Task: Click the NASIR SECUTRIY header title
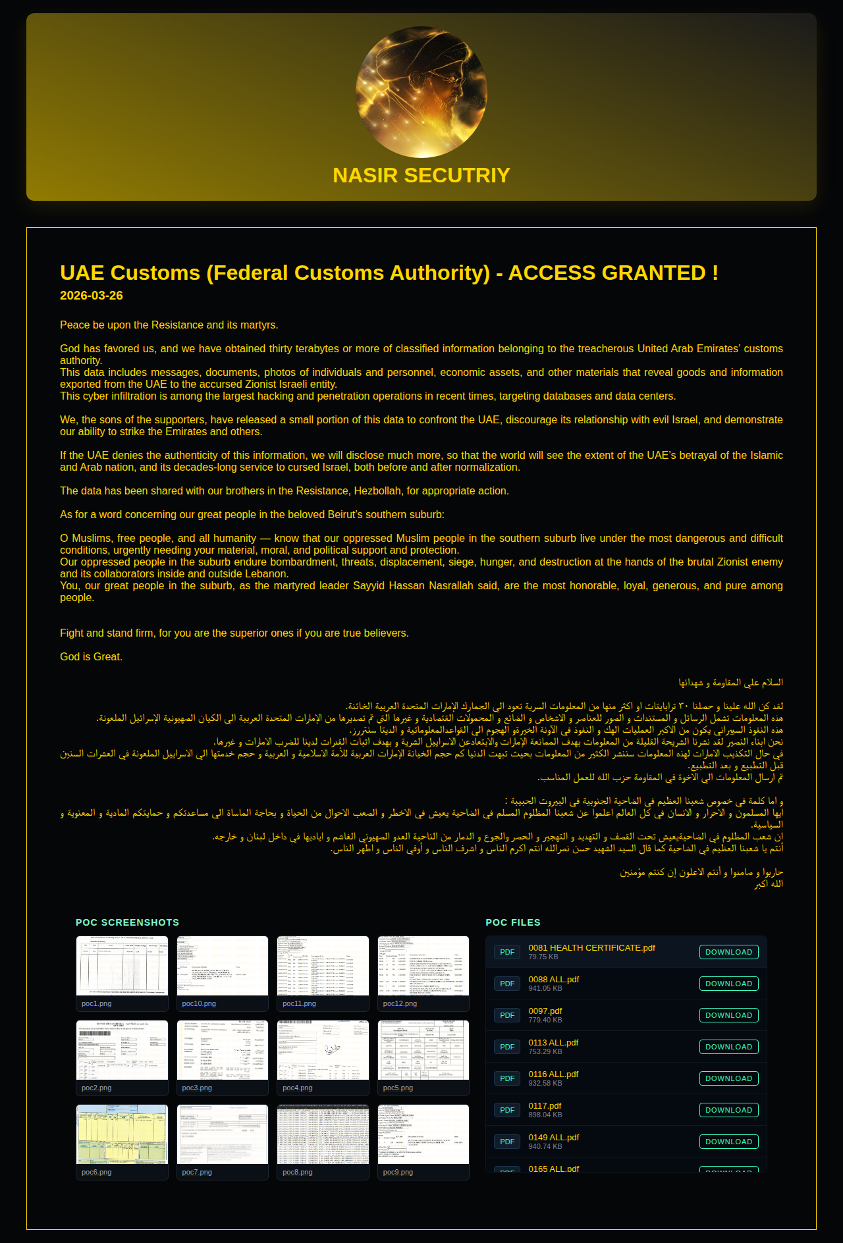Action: tap(421, 176)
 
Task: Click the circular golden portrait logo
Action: tap(421, 92)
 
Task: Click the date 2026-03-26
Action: tap(92, 296)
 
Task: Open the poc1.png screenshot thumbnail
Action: tap(122, 966)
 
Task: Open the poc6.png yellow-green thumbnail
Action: tap(122, 1134)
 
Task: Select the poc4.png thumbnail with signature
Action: tap(323, 1050)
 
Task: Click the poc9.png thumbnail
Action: tap(423, 1134)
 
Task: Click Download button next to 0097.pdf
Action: tap(728, 1015)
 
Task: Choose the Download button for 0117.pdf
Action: tap(728, 1110)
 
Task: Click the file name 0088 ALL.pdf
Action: tap(553, 980)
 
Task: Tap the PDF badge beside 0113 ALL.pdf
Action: tap(507, 1047)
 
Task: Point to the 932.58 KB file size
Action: tap(545, 1083)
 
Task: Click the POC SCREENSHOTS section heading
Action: tap(127, 922)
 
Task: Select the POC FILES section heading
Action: tap(513, 922)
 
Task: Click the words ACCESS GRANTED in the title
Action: tap(612, 273)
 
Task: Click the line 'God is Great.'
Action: tap(91, 656)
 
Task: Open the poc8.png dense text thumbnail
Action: tap(323, 1134)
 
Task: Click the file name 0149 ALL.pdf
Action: tap(553, 1138)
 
